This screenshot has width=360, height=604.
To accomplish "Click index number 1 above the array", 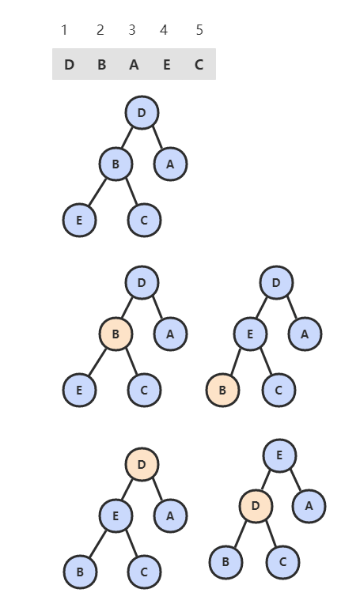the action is pyautogui.click(x=64, y=30).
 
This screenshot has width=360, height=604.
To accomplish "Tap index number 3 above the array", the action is pyautogui.click(x=132, y=30).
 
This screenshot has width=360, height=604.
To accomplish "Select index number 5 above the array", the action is pyautogui.click(x=199, y=30).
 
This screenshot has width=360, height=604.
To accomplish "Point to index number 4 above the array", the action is pyautogui.click(x=164, y=30).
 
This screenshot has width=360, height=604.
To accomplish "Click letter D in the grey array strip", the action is pyautogui.click(x=69, y=65).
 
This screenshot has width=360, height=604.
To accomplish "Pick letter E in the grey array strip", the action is pyautogui.click(x=166, y=65).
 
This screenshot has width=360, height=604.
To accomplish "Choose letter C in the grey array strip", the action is pyautogui.click(x=199, y=65).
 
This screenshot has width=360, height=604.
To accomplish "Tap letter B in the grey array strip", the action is pyautogui.click(x=102, y=65).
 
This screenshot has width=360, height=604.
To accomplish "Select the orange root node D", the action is pyautogui.click(x=142, y=464).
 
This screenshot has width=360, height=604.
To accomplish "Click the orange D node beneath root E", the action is pyautogui.click(x=256, y=506).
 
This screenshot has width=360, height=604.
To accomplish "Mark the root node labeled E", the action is pyautogui.click(x=280, y=455).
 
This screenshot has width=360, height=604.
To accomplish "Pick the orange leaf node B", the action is pyautogui.click(x=223, y=390).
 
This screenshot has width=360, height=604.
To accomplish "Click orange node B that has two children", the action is pyautogui.click(x=116, y=334).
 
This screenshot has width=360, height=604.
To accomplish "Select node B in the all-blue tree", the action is pyautogui.click(x=116, y=164).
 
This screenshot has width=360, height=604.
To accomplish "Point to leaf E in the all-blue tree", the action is pyautogui.click(x=79, y=221).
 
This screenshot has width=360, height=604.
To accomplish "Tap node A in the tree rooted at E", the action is pyautogui.click(x=309, y=506).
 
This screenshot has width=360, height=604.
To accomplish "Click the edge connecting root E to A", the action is pyautogui.click(x=296, y=480).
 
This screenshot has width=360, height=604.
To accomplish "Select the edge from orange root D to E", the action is pyautogui.click(x=127, y=490).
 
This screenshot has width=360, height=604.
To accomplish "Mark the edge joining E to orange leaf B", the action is pyautogui.click(x=236, y=361).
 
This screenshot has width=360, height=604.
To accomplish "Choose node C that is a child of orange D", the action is pyautogui.click(x=282, y=562).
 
